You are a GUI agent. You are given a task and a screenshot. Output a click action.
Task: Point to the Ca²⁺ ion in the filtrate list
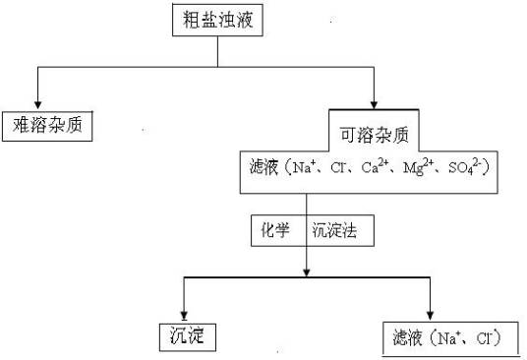pos(375,168)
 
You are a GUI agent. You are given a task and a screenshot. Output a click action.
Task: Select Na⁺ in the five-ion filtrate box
pos(303,168)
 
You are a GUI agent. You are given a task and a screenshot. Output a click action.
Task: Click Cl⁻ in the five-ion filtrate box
pos(338,168)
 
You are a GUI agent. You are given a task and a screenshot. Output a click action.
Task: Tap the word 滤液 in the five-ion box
pos(261,168)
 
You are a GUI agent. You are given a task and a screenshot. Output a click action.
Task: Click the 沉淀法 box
pos(334,232)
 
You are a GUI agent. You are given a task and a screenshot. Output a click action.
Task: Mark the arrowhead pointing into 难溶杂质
pos(38,102)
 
